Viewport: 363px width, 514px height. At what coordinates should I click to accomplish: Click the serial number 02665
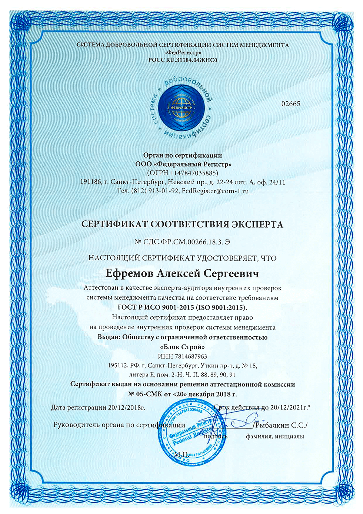click(x=291, y=104)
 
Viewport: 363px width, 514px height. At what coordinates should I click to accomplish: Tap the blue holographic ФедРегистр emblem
click(x=182, y=107)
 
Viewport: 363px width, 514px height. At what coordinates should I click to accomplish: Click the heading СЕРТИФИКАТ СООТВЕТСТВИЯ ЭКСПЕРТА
click(x=182, y=224)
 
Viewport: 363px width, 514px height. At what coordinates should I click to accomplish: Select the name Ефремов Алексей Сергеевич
click(x=182, y=274)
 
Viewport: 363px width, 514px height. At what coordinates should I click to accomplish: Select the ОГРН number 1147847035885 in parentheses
click(x=193, y=173)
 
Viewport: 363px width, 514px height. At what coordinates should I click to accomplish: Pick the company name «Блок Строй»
click(x=182, y=347)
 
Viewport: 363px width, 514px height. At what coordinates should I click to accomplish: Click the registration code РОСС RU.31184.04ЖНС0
click(x=182, y=59)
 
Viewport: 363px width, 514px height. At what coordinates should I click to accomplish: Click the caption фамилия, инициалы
click(x=275, y=436)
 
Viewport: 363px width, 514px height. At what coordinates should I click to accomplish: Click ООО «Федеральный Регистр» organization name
click(x=183, y=164)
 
